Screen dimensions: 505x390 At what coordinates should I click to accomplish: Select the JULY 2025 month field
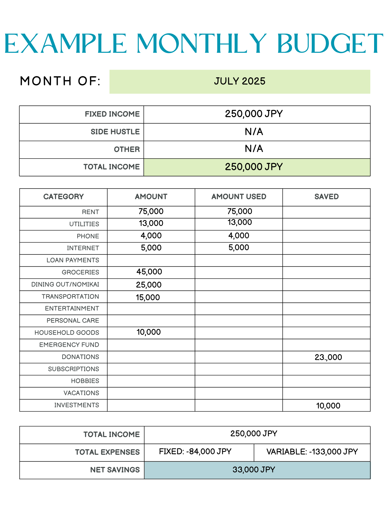click(240, 81)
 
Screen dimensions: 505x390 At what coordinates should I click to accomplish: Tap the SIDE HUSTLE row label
click(115, 132)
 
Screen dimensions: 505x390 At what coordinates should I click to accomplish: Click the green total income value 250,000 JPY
click(254, 167)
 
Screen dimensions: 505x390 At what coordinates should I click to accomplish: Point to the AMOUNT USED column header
click(239, 197)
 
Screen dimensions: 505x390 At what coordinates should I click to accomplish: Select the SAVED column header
click(326, 197)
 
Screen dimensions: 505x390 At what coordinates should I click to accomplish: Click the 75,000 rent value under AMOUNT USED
click(240, 211)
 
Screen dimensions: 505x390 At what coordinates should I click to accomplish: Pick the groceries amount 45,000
click(149, 272)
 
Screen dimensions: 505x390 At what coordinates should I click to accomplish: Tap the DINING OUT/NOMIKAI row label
click(65, 285)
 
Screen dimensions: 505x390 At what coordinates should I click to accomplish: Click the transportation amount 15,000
click(148, 297)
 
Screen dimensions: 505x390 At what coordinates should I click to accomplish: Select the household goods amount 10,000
click(149, 332)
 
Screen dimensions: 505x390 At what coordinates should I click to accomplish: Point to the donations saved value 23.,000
click(328, 357)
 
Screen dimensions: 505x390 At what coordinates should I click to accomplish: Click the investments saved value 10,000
click(328, 406)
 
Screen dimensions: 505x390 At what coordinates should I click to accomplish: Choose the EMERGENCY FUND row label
click(69, 345)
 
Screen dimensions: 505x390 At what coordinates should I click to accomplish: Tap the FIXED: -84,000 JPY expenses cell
click(195, 451)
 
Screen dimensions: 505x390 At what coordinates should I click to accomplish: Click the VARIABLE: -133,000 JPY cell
click(312, 452)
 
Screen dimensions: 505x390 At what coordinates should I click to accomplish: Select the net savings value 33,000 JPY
click(254, 470)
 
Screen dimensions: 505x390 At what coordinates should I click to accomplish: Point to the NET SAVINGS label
click(115, 470)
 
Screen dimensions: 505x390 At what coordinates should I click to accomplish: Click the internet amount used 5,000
click(239, 247)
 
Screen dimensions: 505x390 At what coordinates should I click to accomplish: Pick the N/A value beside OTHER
click(254, 149)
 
